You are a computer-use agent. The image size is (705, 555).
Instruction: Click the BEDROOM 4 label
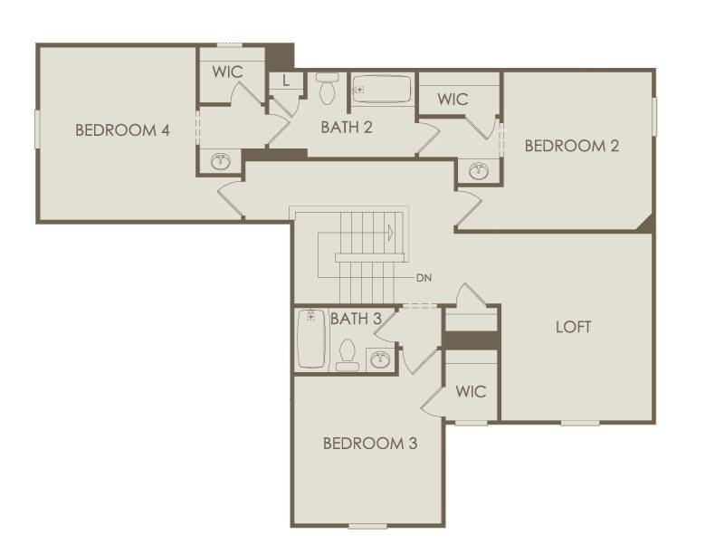[122, 129]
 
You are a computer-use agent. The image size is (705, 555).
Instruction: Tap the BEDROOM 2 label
[572, 146]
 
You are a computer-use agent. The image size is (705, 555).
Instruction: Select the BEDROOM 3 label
[370, 444]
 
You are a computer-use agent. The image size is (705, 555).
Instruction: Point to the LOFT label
[573, 327]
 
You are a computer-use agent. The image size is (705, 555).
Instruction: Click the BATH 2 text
[347, 128]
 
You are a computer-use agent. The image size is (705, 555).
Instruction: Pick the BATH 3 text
[355, 319]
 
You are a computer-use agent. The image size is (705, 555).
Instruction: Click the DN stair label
[424, 277]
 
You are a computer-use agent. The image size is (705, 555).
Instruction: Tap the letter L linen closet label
[286, 81]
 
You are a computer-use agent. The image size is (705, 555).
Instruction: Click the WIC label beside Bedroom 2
[453, 100]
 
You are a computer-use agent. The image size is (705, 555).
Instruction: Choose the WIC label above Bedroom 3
[471, 392]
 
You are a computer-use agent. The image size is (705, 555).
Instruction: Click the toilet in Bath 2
[328, 90]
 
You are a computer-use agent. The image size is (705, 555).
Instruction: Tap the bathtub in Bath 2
[381, 90]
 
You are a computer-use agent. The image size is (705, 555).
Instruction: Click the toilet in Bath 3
[348, 354]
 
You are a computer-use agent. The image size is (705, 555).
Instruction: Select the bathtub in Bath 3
[311, 340]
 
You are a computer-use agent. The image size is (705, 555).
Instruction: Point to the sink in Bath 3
[379, 360]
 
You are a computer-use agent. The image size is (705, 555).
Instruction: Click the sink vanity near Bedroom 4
[220, 162]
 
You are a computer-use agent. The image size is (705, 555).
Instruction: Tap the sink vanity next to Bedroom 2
[477, 170]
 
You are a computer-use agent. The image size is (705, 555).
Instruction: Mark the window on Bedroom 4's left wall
[37, 128]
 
